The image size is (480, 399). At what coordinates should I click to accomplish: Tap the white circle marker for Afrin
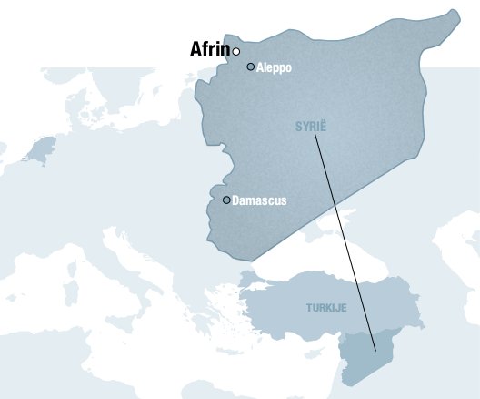click(x=236, y=51)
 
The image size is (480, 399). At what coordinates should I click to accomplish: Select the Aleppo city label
click(x=275, y=67)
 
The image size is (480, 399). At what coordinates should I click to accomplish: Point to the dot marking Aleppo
click(x=251, y=66)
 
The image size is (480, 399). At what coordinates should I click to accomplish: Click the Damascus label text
click(x=259, y=200)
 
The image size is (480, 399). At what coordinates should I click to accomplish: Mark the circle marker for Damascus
click(x=226, y=199)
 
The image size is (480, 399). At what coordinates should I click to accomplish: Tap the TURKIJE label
click(x=326, y=308)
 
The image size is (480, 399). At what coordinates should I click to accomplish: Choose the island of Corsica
click(x=85, y=272)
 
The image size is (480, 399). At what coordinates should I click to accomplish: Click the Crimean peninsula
click(x=320, y=234)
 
